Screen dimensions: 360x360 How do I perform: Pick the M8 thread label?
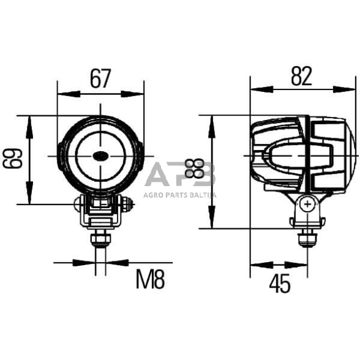pyautogui.click(x=150, y=280)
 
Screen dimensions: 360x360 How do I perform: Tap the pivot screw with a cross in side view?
pyautogui.click(x=307, y=203)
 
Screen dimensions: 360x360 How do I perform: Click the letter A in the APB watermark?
pyautogui.click(x=158, y=175)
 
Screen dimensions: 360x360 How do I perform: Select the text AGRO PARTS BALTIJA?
pyautogui.click(x=180, y=195)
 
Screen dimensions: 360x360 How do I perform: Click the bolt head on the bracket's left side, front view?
pyautogui.click(x=79, y=203)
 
